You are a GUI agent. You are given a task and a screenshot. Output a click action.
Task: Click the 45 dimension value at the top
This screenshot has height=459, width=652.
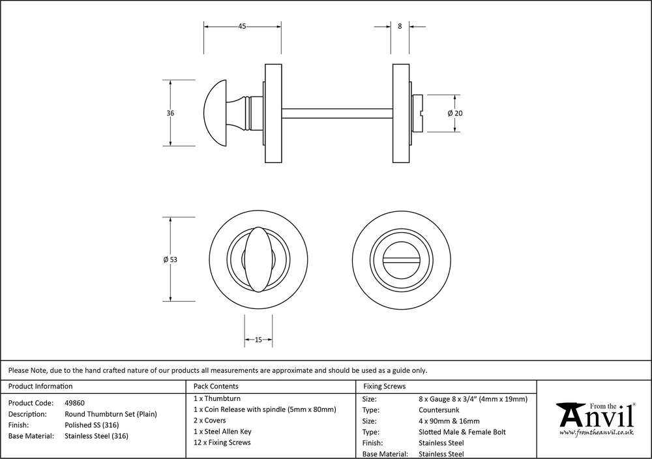pyautogui.click(x=242, y=27)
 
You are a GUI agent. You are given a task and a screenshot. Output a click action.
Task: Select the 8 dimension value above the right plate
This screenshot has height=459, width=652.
pyautogui.click(x=399, y=27)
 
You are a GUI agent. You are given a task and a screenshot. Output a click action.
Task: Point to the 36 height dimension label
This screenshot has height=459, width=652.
pyautogui.click(x=171, y=113)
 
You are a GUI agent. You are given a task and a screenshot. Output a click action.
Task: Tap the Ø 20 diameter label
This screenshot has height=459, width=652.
pyautogui.click(x=455, y=113)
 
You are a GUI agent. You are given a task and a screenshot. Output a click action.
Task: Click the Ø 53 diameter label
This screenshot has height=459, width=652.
pyautogui.click(x=171, y=259)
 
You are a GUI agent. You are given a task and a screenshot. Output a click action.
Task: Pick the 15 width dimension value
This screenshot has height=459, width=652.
pyautogui.click(x=258, y=340)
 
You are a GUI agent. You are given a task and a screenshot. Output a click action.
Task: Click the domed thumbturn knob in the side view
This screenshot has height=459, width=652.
pyautogui.click(x=219, y=112)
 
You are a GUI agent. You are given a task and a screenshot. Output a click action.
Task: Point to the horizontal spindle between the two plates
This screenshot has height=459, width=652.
pyautogui.click(x=338, y=112)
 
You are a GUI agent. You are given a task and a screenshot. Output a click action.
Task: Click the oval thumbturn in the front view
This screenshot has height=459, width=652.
pyautogui.click(x=258, y=259)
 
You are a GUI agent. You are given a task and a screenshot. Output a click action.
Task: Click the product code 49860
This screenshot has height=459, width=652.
pyautogui.click(x=74, y=403)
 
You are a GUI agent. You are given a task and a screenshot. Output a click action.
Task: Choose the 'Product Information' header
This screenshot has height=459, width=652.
pyautogui.click(x=40, y=387)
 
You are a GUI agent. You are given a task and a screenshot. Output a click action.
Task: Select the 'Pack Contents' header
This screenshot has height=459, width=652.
pyautogui.click(x=216, y=387)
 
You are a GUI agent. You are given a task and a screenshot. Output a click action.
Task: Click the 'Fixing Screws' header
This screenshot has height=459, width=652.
pyautogui.click(x=384, y=387)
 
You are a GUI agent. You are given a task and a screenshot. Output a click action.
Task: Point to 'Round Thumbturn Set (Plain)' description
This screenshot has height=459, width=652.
pyautogui.click(x=111, y=414)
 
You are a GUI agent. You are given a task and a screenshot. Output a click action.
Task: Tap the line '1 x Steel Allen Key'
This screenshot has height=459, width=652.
pyautogui.click(x=222, y=432)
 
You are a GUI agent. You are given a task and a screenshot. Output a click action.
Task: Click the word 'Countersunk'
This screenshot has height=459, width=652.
pyautogui.click(x=440, y=409)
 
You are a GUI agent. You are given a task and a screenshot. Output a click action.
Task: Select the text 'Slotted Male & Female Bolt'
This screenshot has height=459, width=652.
pyautogui.click(x=462, y=432)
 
